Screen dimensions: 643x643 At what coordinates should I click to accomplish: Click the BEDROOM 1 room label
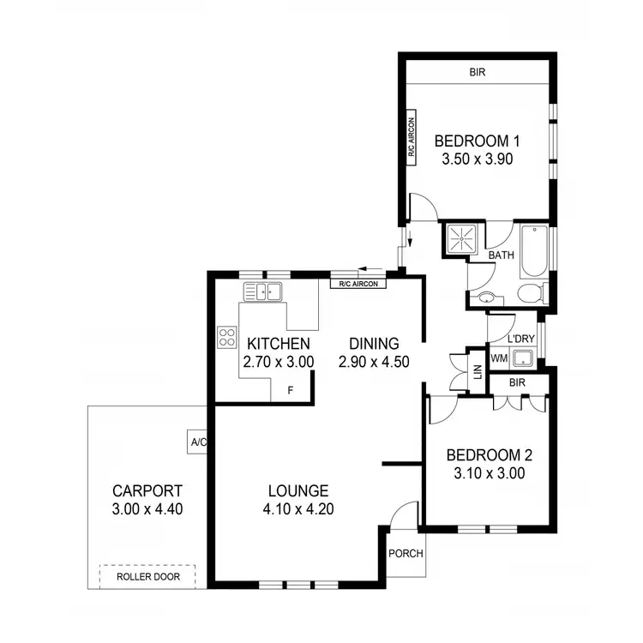[478, 141]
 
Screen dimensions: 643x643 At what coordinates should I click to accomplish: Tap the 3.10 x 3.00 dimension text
[478, 472]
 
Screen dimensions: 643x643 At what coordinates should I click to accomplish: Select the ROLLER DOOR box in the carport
[147, 577]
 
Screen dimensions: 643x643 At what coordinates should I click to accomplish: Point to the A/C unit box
[198, 442]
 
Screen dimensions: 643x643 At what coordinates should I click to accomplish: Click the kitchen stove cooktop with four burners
[227, 337]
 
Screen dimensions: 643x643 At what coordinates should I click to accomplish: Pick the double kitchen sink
[263, 291]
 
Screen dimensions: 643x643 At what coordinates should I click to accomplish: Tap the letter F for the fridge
[291, 391]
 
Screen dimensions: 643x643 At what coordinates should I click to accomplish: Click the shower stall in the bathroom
[463, 239]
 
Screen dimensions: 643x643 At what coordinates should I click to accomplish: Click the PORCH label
[406, 553]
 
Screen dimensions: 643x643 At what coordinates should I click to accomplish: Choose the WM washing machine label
[499, 358]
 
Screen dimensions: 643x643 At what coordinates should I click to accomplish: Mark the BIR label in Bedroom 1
[477, 73]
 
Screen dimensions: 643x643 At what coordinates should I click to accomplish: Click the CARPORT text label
[147, 491]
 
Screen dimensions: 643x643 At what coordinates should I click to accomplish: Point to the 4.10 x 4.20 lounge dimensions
[298, 508]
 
